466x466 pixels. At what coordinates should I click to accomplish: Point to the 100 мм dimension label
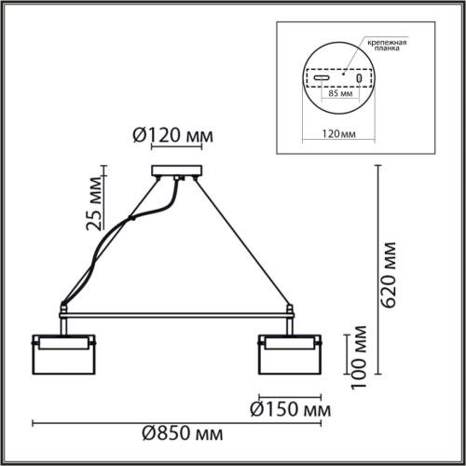[356, 358]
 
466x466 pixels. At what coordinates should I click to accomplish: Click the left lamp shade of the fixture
[63, 353]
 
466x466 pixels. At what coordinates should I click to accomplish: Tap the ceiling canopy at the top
[176, 171]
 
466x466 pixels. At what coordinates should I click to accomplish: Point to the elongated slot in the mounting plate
[322, 77]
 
